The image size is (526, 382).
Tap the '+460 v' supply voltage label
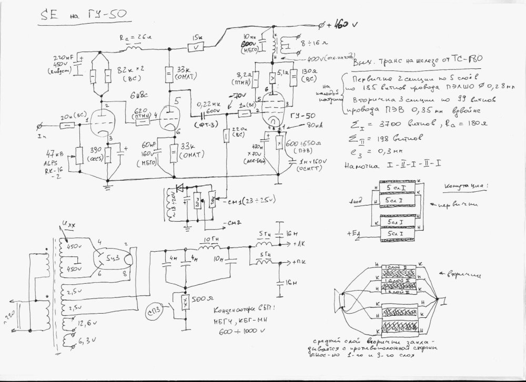coord(339,24)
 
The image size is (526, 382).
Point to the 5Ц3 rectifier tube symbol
coord(110,259)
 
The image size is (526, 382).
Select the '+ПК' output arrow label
coord(301,261)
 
